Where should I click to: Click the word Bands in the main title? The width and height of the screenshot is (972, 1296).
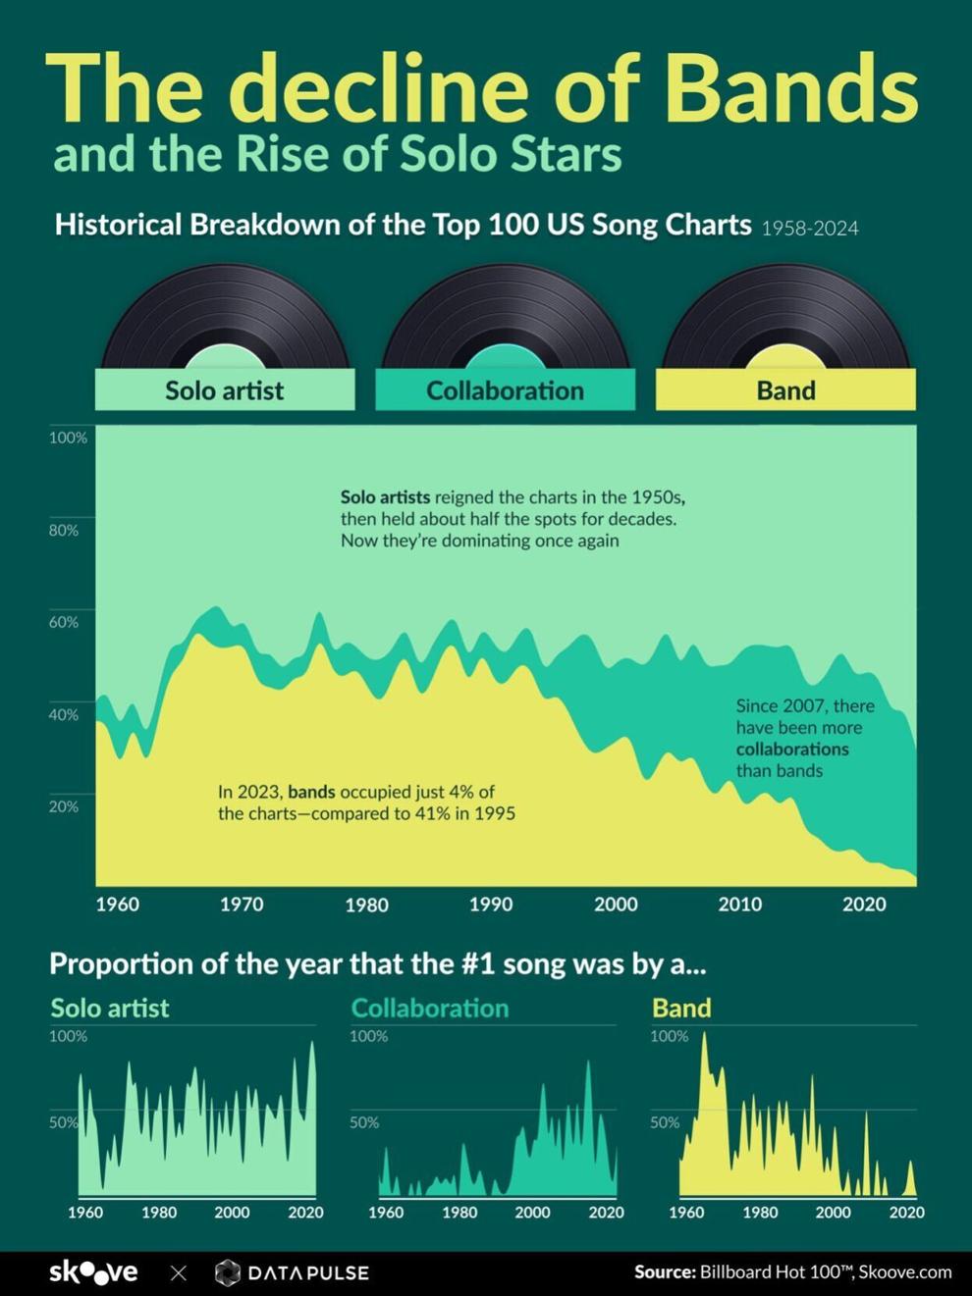791,87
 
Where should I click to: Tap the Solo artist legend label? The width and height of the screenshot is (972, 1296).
224,390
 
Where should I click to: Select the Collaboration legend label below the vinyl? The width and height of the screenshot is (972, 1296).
505,390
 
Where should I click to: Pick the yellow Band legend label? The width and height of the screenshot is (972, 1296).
785,390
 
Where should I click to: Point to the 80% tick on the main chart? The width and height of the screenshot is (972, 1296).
64,530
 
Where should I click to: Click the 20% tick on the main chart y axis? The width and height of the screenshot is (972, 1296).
64,806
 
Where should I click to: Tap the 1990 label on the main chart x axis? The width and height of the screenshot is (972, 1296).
490,905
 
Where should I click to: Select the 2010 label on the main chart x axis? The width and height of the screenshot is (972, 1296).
739,905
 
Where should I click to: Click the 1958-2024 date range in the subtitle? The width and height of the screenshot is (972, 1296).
810,229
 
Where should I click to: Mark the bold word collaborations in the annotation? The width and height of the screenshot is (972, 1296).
792,750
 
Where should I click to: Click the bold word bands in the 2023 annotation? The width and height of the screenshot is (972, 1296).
311,792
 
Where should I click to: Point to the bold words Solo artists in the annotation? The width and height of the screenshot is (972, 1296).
385,497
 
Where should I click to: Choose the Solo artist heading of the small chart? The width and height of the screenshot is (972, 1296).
110,1009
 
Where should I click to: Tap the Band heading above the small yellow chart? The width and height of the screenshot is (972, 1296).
681,1009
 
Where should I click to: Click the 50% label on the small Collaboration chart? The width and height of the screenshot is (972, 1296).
364,1122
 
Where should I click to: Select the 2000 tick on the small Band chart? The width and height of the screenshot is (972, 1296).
833,1213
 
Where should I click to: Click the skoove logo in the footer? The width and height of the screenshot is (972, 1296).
93,1272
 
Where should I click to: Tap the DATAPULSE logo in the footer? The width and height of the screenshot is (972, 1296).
293,1272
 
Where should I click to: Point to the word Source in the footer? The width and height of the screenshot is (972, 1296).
664,1272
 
